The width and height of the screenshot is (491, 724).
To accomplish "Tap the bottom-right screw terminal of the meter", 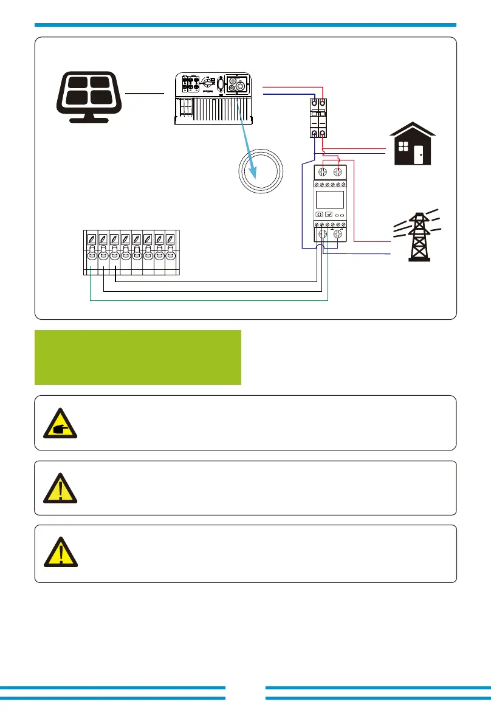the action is (338, 235).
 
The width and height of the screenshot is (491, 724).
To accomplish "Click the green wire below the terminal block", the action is (207, 301).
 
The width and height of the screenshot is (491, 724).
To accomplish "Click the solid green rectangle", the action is (138, 357).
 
